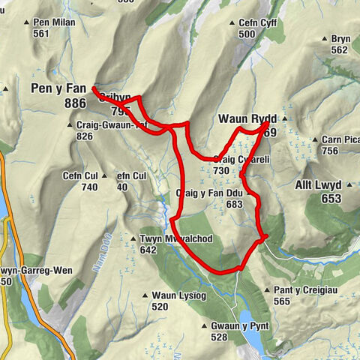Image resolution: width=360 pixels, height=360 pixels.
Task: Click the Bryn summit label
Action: coord(339,39)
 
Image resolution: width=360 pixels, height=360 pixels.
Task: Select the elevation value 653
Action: coord(331,199)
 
